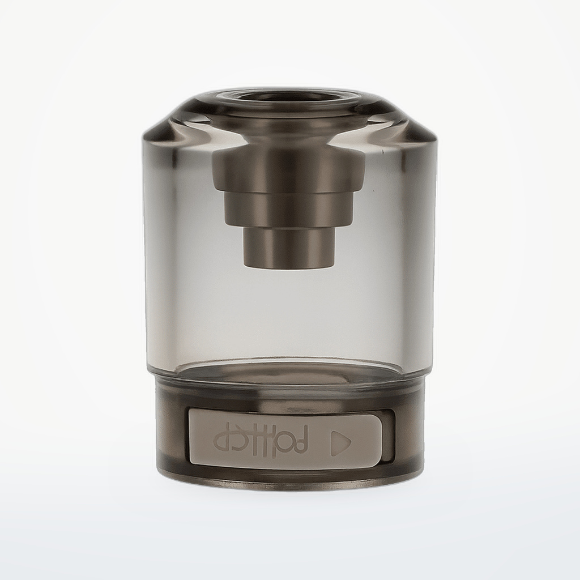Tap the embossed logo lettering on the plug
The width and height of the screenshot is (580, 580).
[x=261, y=440]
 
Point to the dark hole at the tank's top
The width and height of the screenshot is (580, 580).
[x=289, y=97]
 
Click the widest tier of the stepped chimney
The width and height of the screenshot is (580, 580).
[x=289, y=172]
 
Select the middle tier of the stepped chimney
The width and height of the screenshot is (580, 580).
[x=289, y=210]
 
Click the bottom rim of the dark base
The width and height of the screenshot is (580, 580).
[x=289, y=481]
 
